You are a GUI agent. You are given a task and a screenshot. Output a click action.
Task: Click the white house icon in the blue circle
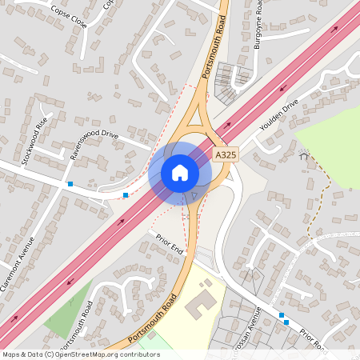pos(180,173)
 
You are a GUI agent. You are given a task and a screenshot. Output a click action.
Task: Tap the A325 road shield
pos(226,152)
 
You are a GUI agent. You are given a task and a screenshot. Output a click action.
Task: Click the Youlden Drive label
pos(278,117)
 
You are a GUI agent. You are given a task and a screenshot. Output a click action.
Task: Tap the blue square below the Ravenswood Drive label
pos(126,194)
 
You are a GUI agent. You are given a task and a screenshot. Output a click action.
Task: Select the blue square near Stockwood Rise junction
pos(70,185)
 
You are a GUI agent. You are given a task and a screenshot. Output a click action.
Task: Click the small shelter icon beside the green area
pos(303,158)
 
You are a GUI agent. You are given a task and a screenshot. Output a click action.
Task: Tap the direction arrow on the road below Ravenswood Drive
pos(121,222)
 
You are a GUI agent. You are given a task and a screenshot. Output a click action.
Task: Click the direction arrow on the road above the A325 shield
pos(228,125)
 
